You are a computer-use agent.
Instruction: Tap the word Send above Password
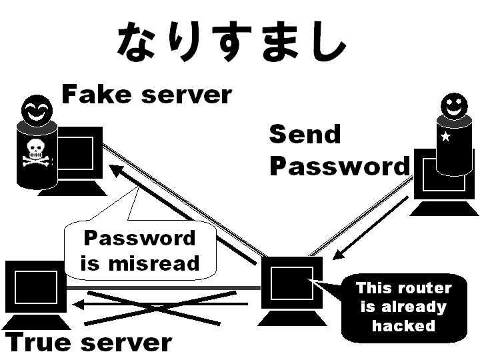click(305, 135)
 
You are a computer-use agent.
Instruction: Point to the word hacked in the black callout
click(403, 326)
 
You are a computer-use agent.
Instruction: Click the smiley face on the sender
click(455, 105)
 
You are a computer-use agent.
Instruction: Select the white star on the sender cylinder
click(445, 137)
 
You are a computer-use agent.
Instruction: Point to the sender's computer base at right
click(443, 208)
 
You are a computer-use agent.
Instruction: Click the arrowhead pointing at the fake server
click(116, 171)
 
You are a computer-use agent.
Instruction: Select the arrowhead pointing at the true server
click(79, 305)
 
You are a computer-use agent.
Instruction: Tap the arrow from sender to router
click(370, 227)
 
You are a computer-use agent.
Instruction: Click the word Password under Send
click(339, 167)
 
